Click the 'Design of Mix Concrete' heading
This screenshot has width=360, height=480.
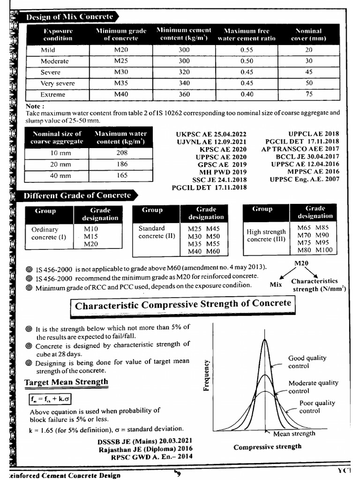tap(69, 17)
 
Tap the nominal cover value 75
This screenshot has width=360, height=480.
tap(308, 95)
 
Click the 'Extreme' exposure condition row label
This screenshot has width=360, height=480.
tap(52, 95)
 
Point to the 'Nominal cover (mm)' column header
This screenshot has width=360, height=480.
tap(308, 35)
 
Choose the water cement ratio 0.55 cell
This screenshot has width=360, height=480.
tap(247, 50)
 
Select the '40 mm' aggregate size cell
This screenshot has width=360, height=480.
tap(60, 176)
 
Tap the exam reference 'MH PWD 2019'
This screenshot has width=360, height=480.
tap(223, 172)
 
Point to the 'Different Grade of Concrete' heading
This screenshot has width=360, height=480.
tap(75, 195)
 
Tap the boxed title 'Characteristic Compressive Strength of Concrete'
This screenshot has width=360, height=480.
tap(183, 304)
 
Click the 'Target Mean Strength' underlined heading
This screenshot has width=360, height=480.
tap(66, 382)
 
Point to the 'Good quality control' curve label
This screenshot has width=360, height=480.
tap(307, 361)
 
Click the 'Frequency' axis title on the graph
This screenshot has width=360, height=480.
tap(206, 375)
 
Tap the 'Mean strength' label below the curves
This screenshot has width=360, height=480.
tap(294, 434)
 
